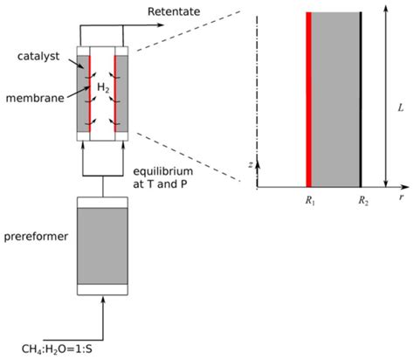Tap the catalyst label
pyautogui.click(x=38, y=55)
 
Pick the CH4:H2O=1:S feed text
pyautogui.click(x=61, y=343)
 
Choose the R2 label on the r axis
pyautogui.click(x=361, y=200)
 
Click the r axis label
pyautogui.click(x=401, y=197)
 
